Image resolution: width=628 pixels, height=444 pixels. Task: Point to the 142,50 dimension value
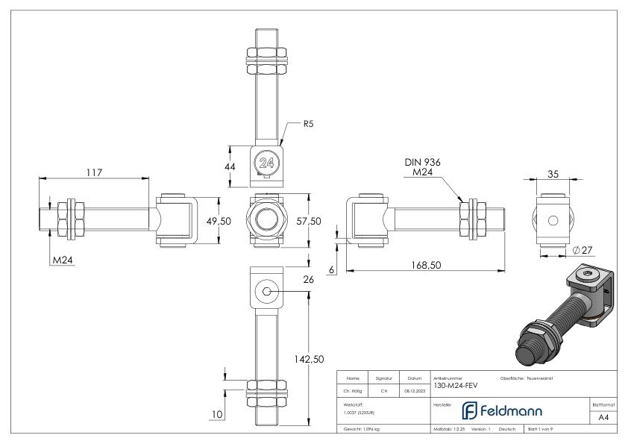[x=307, y=359]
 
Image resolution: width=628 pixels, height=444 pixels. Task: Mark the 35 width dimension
[x=553, y=174]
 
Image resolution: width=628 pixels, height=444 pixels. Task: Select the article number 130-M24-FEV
[x=456, y=386]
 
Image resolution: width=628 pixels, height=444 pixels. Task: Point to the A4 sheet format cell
[x=603, y=418]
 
